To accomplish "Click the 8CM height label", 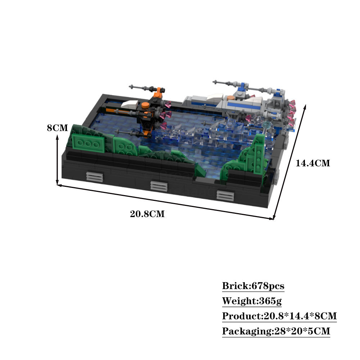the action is (x=57, y=128).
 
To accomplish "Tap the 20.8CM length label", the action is (x=147, y=214).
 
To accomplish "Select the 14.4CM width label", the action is (x=312, y=163).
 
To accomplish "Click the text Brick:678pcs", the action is (x=253, y=286).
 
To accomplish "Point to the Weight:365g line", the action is (x=252, y=301).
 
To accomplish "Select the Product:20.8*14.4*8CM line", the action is (x=279, y=316).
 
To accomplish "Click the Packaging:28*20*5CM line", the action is (x=276, y=331).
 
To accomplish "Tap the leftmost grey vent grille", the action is (x=95, y=176).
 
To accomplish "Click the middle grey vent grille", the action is (x=159, y=186).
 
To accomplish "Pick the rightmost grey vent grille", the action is (x=225, y=195).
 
